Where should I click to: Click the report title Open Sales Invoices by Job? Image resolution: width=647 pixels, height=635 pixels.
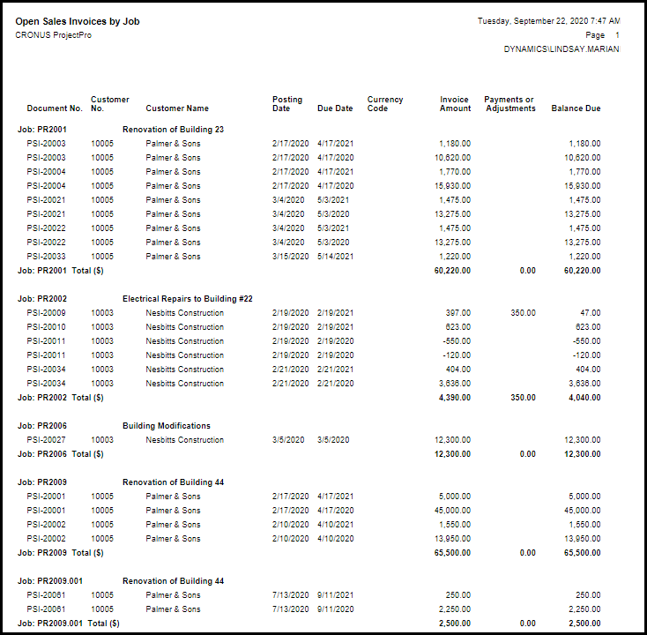point(78,21)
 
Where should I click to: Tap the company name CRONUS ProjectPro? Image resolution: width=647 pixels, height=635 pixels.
point(53,35)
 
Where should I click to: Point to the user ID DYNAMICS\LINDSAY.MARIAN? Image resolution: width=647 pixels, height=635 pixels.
point(561,49)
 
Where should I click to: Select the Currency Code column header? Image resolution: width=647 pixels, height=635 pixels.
point(385,104)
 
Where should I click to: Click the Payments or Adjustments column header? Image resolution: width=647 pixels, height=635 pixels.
point(509,104)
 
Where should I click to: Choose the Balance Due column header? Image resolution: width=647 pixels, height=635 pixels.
point(576,108)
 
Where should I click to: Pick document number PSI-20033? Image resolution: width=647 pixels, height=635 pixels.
point(46,257)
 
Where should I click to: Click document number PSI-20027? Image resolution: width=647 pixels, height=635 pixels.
point(46,440)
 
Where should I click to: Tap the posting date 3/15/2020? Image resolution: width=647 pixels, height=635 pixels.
point(290,257)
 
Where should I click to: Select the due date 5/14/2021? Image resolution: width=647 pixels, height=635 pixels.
point(336,257)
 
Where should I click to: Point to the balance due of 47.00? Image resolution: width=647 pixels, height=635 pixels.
point(590,313)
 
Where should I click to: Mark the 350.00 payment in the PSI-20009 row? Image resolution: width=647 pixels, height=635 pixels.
point(523,313)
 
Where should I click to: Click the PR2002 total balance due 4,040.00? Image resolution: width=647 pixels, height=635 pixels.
point(582,398)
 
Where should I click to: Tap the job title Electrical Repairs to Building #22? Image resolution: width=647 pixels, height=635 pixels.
point(188,299)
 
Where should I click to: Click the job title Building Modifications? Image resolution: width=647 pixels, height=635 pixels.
point(167,426)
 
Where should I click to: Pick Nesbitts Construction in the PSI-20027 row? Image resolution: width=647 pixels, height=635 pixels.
point(185,440)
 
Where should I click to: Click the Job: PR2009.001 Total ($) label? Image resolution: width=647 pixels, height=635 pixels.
point(69,624)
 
